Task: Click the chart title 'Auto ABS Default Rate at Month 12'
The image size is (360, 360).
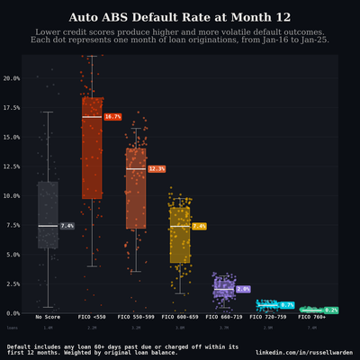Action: pos(180,17)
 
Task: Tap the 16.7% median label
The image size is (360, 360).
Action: pos(112,117)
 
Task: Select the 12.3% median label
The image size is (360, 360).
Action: pos(157,169)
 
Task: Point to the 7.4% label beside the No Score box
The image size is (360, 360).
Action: pos(67,226)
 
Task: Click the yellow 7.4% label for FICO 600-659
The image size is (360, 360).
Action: pos(200,226)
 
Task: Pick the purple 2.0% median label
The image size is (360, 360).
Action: pos(243,289)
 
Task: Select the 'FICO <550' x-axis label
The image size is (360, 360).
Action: pos(92,317)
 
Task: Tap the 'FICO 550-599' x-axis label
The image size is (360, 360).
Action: pos(136,317)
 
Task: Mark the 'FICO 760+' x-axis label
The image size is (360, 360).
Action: pos(312,317)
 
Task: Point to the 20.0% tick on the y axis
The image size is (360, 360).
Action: pos(12,78)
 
